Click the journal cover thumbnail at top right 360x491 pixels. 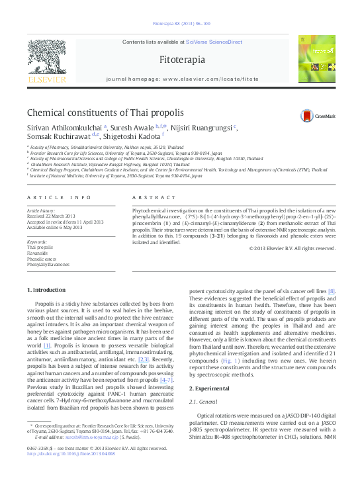click(x=316, y=60)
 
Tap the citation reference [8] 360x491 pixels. click(x=332, y=291)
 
